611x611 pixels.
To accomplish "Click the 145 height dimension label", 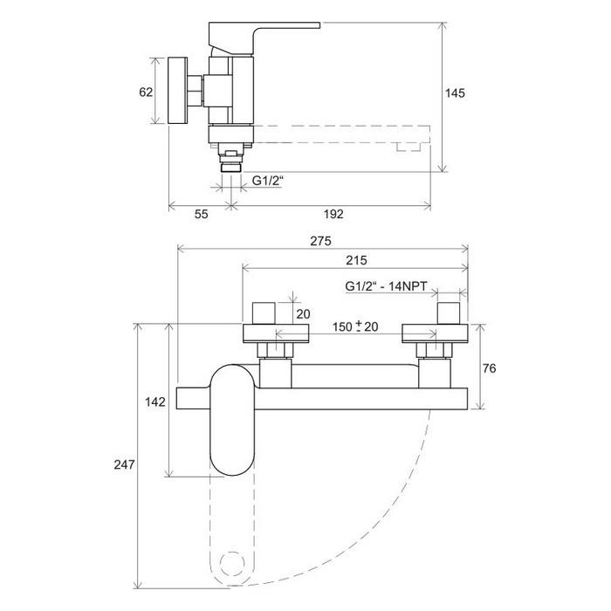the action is coord(455,93).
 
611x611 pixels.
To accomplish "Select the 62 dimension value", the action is coord(146,93).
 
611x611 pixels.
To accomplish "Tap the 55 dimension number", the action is coord(201,214).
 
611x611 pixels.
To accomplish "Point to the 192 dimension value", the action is coord(333,214).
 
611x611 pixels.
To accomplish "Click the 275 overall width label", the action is coord(320,241).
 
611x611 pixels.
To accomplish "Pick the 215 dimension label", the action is coord(356,260).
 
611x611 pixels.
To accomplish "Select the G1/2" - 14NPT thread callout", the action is coord(386,286).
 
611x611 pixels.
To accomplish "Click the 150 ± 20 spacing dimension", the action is coord(355,326).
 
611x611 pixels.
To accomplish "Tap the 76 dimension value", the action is coord(489,368).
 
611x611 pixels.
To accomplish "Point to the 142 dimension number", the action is coord(155,402).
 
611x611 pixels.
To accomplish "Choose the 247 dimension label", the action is coord(124,464).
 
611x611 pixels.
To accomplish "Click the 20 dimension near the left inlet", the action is coord(303,313).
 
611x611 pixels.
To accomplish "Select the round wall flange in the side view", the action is coord(178,91).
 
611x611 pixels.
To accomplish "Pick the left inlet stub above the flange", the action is coord(264,312).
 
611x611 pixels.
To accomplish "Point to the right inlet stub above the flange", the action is coord(448,312).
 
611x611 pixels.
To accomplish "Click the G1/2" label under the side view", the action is coord(267,181).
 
